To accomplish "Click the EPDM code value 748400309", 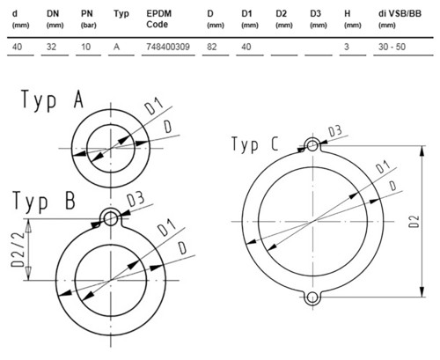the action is pos(168,47).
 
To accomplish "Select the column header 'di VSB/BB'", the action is pos(400,14).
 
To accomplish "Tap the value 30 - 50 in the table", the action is pos(392,47).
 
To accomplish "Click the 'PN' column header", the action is pos(87,14).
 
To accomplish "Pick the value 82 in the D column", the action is pos(211,47).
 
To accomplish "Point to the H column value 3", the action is pos(347,47).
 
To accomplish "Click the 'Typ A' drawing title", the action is pos(52,99).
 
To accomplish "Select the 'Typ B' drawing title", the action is pos(44,202).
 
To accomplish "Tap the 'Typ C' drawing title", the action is pos(254,144).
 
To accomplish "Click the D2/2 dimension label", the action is pos(18,249).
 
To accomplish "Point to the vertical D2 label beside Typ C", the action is pos(414,221).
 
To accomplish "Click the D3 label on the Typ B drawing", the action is pos(136,199).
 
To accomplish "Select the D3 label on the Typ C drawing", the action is pos(334,131).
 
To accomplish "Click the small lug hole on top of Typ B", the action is pos(111,218).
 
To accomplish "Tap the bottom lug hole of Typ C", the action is pos(312,298).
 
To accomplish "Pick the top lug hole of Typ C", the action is pos(312,145).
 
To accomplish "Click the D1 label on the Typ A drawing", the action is pos(154,107).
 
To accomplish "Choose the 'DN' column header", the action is pos(53,14).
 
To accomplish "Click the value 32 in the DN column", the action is pos(51,47).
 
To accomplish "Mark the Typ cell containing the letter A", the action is pos(116,47).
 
